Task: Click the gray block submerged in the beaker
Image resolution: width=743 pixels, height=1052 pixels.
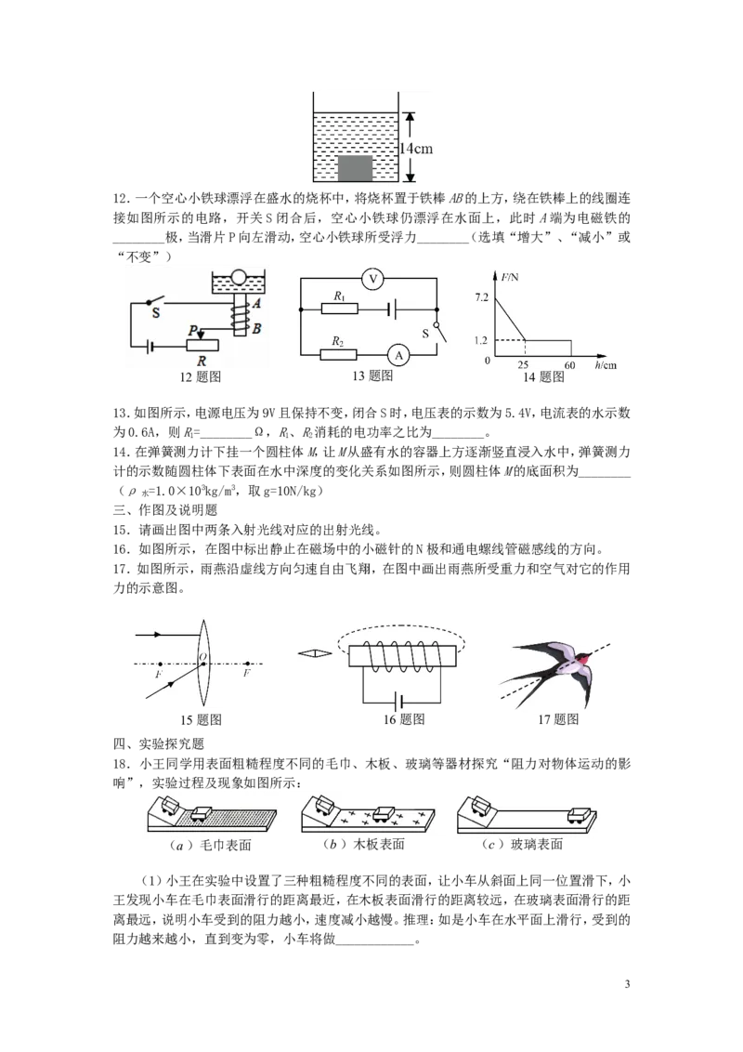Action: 355,167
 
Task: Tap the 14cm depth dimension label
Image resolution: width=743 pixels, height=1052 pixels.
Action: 416,149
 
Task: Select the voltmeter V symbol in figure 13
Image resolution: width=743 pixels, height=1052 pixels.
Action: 373,279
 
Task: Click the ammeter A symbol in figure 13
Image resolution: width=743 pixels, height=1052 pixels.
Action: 399,355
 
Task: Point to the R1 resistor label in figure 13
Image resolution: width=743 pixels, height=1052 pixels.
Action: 339,296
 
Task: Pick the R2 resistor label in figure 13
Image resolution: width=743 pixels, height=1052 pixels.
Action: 337,341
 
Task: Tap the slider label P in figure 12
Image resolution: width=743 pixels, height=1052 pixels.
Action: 193,330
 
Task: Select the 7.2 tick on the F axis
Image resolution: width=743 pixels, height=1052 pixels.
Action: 481,297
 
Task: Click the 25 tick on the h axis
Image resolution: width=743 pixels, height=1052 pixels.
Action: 523,365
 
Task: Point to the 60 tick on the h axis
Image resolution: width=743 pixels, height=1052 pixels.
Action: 570,365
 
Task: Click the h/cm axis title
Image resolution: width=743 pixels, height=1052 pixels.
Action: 606,365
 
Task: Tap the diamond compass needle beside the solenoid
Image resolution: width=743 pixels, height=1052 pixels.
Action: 315,652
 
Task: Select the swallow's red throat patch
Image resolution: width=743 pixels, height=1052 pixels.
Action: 587,659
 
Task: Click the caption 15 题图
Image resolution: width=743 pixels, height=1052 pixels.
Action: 201,719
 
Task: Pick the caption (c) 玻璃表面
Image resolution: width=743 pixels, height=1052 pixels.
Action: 522,844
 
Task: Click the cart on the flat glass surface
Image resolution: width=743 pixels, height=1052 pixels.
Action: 580,815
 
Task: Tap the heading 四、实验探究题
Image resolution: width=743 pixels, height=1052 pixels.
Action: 158,743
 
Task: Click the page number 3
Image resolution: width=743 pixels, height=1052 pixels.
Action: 627,984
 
